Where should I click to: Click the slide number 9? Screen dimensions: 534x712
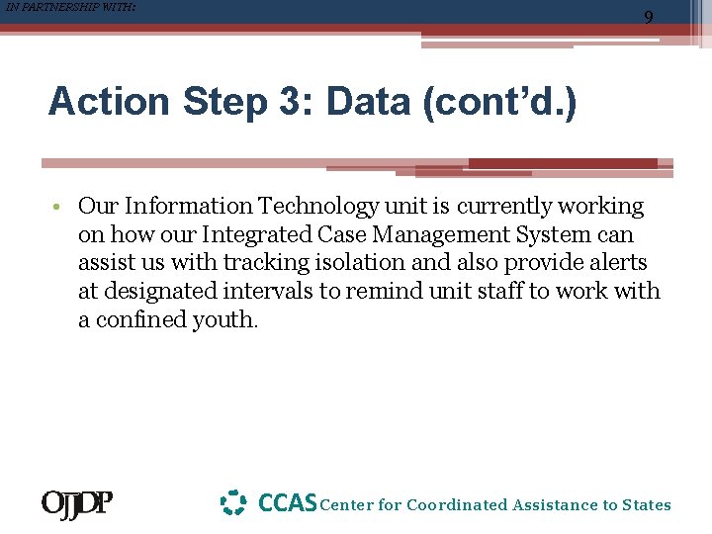click(649, 17)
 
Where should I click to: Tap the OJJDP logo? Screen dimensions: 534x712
click(76, 504)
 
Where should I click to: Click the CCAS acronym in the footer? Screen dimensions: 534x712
click(287, 503)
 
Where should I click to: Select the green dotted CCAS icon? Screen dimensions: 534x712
click(232, 503)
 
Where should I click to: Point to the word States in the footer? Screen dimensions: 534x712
click(646, 505)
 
